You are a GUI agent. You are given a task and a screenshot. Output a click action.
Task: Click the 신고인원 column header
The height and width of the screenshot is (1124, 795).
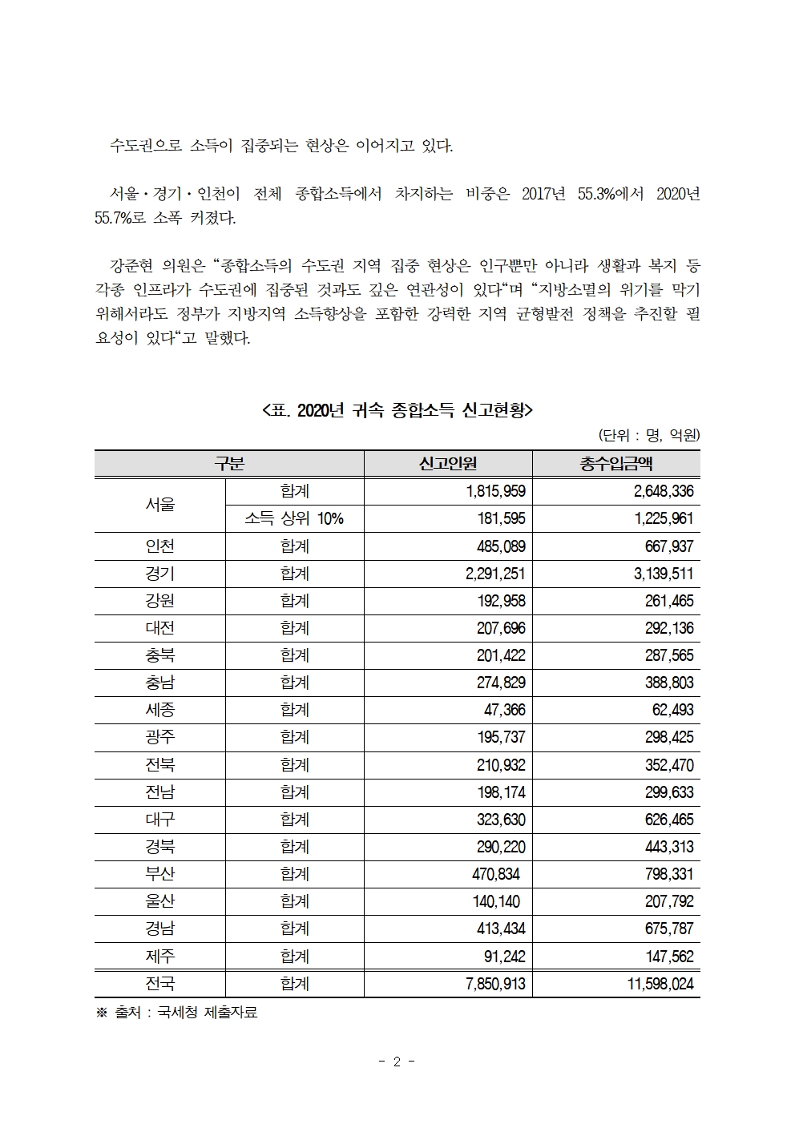pos(447,464)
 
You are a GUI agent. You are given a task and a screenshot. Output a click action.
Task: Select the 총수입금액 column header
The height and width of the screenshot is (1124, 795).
pos(615,464)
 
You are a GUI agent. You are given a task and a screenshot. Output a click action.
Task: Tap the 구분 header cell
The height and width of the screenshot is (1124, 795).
pos(229,464)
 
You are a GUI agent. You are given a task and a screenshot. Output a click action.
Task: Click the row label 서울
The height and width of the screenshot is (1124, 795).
pos(159,505)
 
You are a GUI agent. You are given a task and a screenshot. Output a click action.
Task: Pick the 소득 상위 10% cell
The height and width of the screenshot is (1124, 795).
pos(294,518)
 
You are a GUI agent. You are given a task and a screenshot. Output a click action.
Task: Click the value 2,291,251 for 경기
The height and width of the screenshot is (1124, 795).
pos(495,574)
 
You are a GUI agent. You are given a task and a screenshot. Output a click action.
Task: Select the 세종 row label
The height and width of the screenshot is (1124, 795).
pos(159,710)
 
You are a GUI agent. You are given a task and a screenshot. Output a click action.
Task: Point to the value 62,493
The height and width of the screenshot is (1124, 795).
pos(668,710)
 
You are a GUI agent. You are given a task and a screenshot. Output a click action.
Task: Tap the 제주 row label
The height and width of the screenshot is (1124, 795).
pos(159,956)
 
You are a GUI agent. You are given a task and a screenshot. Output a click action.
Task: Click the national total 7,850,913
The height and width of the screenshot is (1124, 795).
pos(495,984)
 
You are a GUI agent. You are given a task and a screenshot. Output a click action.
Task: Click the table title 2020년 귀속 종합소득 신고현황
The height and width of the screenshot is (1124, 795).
pos(397,411)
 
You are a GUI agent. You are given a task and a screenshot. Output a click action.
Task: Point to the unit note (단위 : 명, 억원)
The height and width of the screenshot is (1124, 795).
pos(649,436)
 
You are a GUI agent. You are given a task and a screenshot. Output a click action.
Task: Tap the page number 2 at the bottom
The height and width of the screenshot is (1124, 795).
pos(397,1062)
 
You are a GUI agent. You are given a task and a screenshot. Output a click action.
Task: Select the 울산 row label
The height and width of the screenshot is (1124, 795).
pos(159,901)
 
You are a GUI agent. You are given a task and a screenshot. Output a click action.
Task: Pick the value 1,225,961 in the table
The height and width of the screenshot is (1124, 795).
pos(664,518)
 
